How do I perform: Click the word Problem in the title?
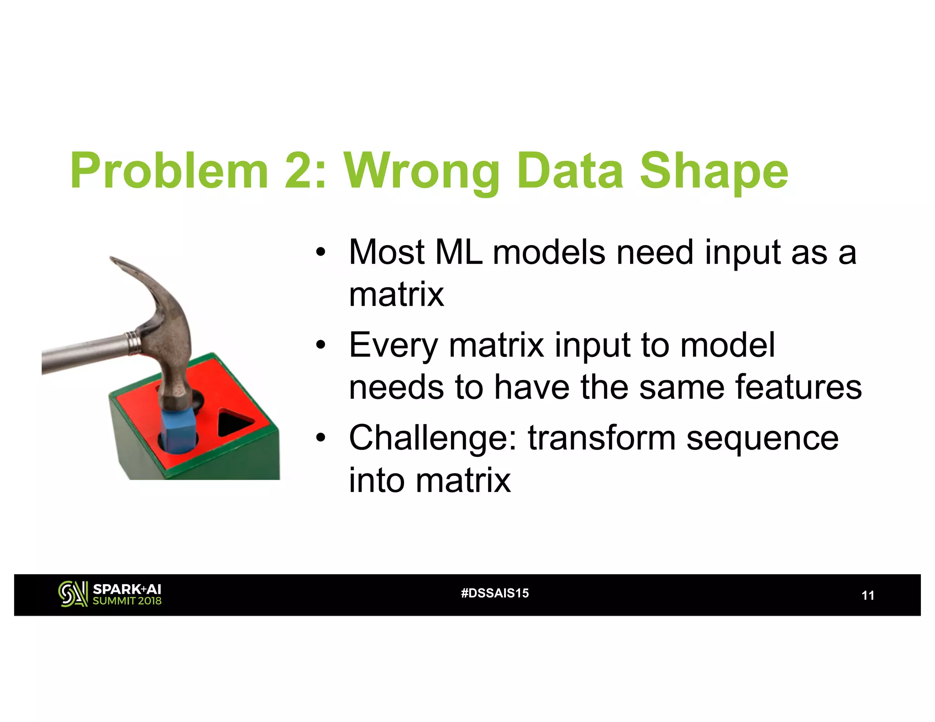click(x=169, y=171)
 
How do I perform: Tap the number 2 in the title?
click(x=299, y=171)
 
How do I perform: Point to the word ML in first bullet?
click(x=459, y=252)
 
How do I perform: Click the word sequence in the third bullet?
click(x=762, y=439)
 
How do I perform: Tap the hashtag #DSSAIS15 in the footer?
click(x=495, y=593)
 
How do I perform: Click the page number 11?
click(x=867, y=596)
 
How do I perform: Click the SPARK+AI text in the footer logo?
click(x=127, y=589)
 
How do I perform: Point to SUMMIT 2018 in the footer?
click(x=127, y=601)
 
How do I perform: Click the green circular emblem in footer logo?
click(x=72, y=594)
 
